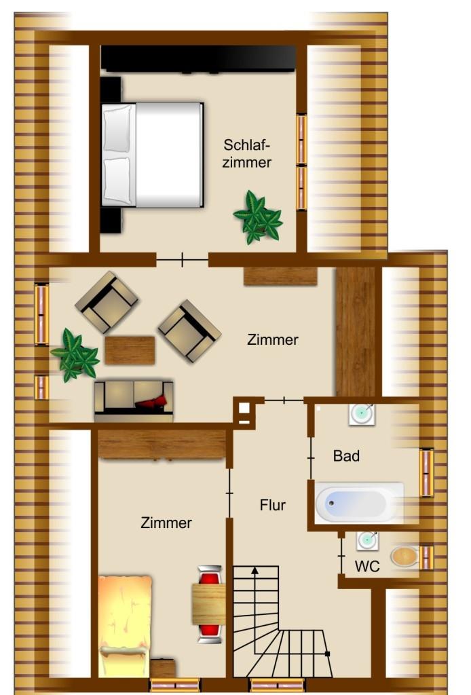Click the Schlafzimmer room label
pos(247,153)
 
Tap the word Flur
pos(273,505)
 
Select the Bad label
pos(346,455)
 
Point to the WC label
pos(367,566)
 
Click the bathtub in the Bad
pos(359,503)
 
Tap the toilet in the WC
pos(404,557)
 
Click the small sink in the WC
pos(367,540)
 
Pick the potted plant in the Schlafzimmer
pos(258,217)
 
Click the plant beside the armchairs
pos(75,356)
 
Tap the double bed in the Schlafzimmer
pos(153,155)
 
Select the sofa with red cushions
pos(134,400)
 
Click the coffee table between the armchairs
pos(130,350)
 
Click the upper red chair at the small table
pos(210,576)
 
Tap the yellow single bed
pos(125,626)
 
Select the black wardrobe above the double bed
pos(198,58)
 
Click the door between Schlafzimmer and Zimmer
pos(182,260)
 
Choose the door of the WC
pos(341,556)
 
